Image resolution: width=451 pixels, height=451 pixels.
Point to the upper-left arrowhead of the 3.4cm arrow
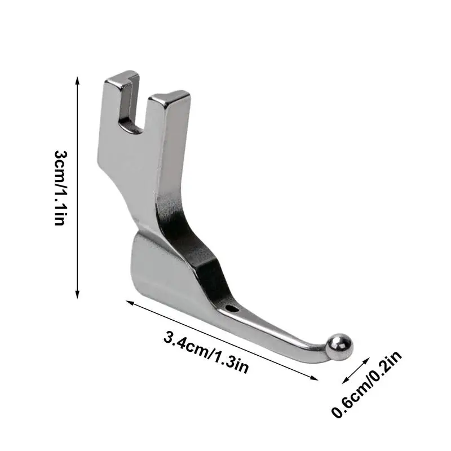tap(129, 303)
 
